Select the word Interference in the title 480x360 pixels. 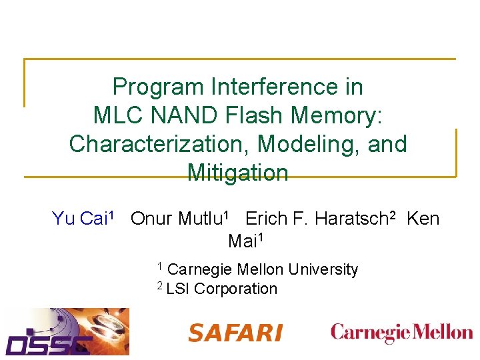point(287,87)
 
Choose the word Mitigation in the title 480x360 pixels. point(238,173)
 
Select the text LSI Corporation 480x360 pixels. point(221,289)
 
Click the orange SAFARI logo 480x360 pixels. point(235,333)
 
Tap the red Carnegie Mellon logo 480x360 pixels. point(401,331)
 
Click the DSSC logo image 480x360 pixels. point(67,331)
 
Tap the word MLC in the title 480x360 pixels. point(116,115)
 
